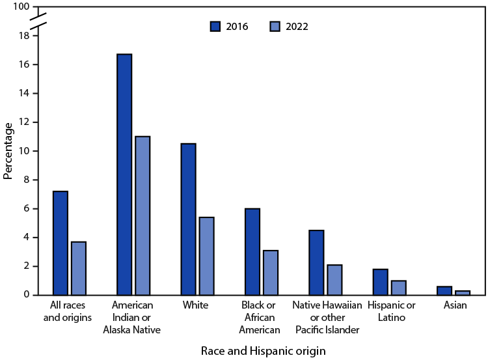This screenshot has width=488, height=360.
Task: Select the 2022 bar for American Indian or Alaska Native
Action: click(142, 215)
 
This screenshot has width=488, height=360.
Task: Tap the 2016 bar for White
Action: click(188, 219)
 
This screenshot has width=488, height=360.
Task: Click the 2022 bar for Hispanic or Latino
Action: click(398, 287)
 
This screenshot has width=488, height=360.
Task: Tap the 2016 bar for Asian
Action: click(444, 290)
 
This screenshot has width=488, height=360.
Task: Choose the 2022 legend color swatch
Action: click(275, 27)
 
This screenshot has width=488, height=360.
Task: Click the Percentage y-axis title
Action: click(8, 151)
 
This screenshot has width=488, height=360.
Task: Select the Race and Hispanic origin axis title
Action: click(264, 350)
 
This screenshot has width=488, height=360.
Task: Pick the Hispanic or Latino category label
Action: click(388, 311)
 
